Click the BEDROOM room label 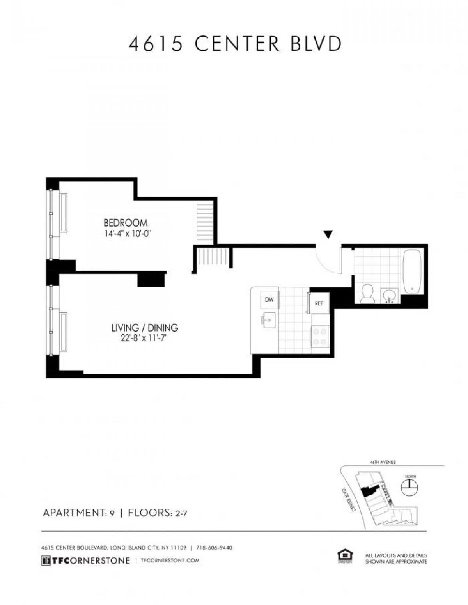(x=125, y=223)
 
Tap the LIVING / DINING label (x=145, y=328)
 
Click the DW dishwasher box (x=269, y=300)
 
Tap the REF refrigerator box (x=319, y=303)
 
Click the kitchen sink (x=268, y=320)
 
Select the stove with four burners (x=320, y=337)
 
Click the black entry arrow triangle (x=328, y=234)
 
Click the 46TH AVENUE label (x=383, y=462)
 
